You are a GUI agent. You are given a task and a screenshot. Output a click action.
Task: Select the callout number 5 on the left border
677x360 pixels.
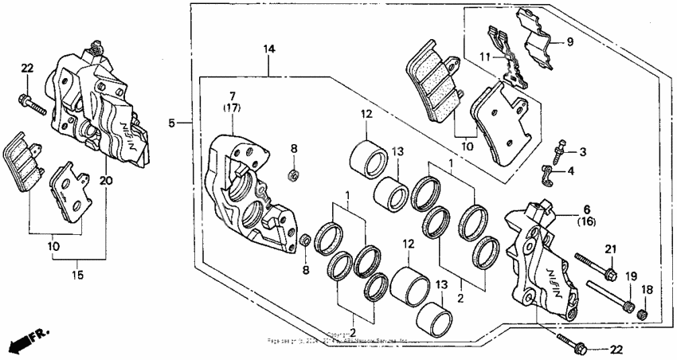coord(171,123)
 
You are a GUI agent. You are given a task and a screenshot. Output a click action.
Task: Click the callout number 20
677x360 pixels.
coord(106,180)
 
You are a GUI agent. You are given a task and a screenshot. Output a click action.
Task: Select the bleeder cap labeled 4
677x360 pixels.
coord(549,174)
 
